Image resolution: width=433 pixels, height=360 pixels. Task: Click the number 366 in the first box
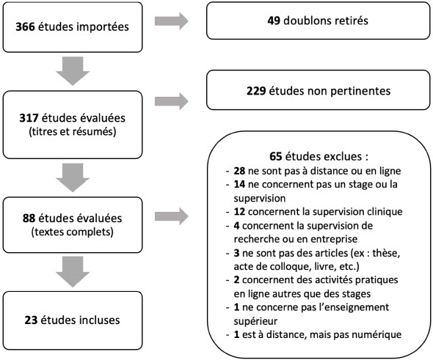pyautogui.click(x=25, y=26)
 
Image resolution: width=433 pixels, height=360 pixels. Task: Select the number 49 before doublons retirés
pyautogui.click(x=274, y=21)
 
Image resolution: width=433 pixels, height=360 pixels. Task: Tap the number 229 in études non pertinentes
pyautogui.click(x=256, y=91)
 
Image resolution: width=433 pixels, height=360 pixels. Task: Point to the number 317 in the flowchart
pyautogui.click(x=29, y=118)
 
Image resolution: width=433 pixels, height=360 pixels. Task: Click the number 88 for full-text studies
pyautogui.click(x=29, y=218)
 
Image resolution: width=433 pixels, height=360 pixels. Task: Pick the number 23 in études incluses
pyautogui.click(x=31, y=320)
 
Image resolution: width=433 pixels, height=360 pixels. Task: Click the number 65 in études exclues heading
pyautogui.click(x=276, y=156)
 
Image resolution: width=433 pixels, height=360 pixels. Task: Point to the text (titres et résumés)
pyautogui.click(x=73, y=131)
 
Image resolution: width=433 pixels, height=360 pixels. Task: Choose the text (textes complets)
pyautogui.click(x=73, y=232)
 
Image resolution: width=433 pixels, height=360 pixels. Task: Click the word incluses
pyautogui.click(x=100, y=320)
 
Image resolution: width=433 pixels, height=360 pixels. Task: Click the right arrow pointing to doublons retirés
pyautogui.click(x=172, y=21)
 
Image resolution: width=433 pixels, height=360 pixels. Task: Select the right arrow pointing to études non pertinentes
pyautogui.click(x=172, y=101)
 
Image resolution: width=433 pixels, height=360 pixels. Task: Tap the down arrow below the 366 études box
pyautogui.click(x=73, y=71)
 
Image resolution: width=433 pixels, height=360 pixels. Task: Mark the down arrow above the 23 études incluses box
pyautogui.click(x=73, y=272)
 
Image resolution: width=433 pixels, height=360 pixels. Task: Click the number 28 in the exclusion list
pyautogui.click(x=239, y=171)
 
